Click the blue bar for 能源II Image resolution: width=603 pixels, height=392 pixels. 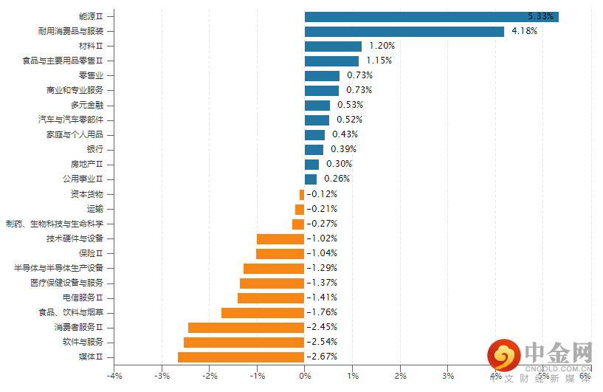pyautogui.click(x=431, y=17)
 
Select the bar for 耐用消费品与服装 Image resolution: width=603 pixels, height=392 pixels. pyautogui.click(x=404, y=32)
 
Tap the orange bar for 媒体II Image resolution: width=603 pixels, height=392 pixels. pyautogui.click(x=241, y=357)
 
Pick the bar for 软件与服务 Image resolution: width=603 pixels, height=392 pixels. pyautogui.click(x=244, y=343)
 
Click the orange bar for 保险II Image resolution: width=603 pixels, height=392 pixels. pyautogui.click(x=280, y=254)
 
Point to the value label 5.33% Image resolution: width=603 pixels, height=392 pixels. pyautogui.click(x=540, y=16)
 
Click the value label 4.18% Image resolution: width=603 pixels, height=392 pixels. pyautogui.click(x=524, y=31)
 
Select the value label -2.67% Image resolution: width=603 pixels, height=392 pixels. pyautogui.click(x=322, y=357)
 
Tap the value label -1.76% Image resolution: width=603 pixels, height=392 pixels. pyautogui.click(x=322, y=312)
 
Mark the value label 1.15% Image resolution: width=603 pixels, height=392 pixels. pyautogui.click(x=379, y=61)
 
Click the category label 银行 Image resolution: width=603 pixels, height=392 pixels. pyautogui.click(x=95, y=150)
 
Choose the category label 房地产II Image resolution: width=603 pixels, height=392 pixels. pyautogui.click(x=87, y=165)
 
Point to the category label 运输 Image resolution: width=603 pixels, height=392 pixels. pyautogui.click(x=95, y=209)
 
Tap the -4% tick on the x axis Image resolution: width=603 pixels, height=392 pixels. pyautogui.click(x=114, y=376)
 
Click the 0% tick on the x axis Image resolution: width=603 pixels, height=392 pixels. pyautogui.click(x=305, y=376)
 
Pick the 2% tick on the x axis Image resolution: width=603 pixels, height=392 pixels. pyautogui.click(x=400, y=376)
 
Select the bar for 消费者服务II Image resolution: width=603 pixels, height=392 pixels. pyautogui.click(x=246, y=328)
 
